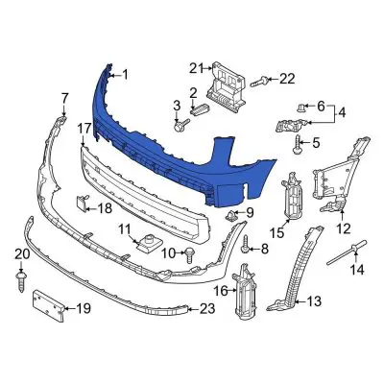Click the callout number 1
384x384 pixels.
(123, 73)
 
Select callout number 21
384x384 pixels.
(196, 67)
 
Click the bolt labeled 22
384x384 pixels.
(257, 81)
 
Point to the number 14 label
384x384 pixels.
(356, 270)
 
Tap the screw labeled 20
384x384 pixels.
(20, 278)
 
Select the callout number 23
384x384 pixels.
(207, 309)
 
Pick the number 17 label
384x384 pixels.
(84, 127)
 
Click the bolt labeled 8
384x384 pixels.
(246, 248)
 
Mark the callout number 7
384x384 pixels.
(65, 97)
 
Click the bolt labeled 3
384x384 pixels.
(180, 124)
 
